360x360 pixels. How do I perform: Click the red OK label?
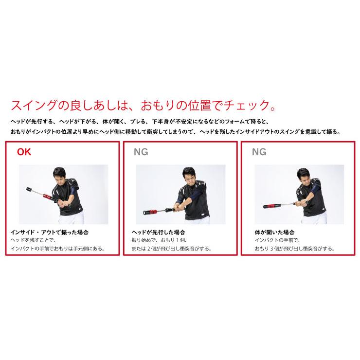coord(24,151)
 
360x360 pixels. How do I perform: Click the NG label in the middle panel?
coord(141,151)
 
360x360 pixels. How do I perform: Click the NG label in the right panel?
coord(259,151)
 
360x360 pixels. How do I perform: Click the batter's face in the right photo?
coord(306,175)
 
